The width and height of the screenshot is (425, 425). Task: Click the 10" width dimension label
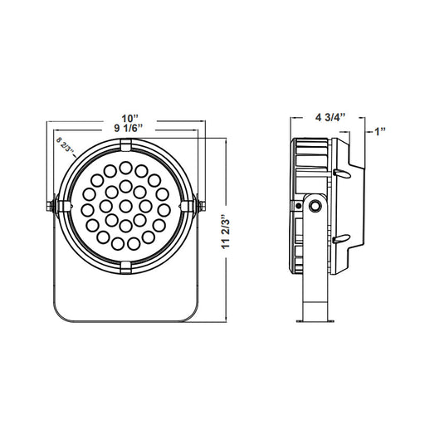(130, 119)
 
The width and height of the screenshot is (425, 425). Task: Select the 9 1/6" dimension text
(129, 128)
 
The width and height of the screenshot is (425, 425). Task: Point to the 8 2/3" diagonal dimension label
(65, 144)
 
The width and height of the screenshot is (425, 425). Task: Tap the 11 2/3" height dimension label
(227, 232)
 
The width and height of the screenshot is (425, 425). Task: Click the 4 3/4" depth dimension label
(330, 117)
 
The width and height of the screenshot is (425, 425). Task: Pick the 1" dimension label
(380, 131)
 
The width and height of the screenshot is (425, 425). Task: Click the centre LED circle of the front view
(126, 206)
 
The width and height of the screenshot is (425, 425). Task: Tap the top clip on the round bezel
(126, 145)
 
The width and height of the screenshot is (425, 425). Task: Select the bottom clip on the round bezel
(126, 267)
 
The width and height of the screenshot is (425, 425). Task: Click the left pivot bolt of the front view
(51, 206)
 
